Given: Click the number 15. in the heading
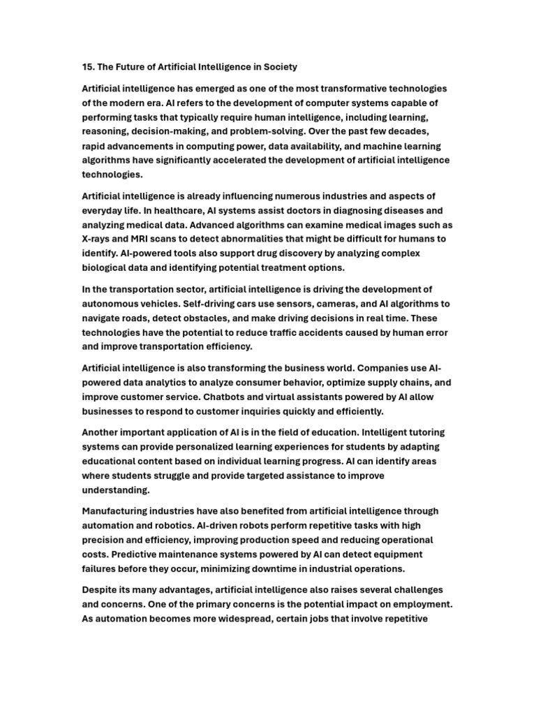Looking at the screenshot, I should click(x=89, y=67).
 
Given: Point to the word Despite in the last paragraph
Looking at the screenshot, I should click(x=102, y=590).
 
